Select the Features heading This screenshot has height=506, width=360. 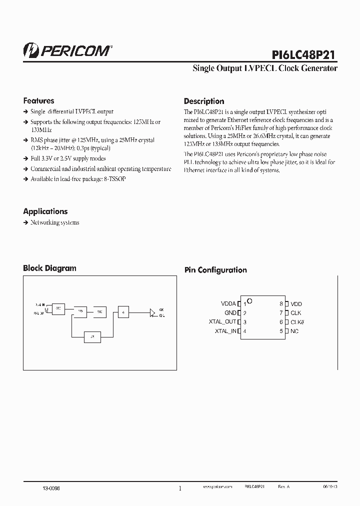pyautogui.click(x=38, y=100)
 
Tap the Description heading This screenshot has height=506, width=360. pyautogui.click(x=204, y=101)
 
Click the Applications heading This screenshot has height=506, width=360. pyautogui.click(x=45, y=211)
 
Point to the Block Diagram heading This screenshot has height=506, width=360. pyautogui.click(x=49, y=268)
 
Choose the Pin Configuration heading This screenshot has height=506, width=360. pyautogui.click(x=215, y=270)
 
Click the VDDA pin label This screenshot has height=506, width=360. pyautogui.click(x=228, y=303)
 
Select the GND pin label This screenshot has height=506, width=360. pyautogui.click(x=230, y=313)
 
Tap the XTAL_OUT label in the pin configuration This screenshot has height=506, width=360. pyautogui.click(x=222, y=322)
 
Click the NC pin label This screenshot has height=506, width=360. pyautogui.click(x=294, y=331)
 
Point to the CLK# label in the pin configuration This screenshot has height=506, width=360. pyautogui.click(x=297, y=322)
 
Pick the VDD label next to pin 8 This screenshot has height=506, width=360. pyautogui.click(x=296, y=303)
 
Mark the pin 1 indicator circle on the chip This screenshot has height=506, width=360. pyautogui.click(x=250, y=301)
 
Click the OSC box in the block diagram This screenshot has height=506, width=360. pyautogui.click(x=58, y=308)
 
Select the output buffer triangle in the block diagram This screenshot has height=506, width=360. pyautogui.click(x=152, y=312)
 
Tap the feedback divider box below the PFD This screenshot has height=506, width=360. pyautogui.click(x=92, y=337)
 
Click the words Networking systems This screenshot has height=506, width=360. pyautogui.click(x=54, y=222)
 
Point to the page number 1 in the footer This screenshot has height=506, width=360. pyautogui.click(x=180, y=488)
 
